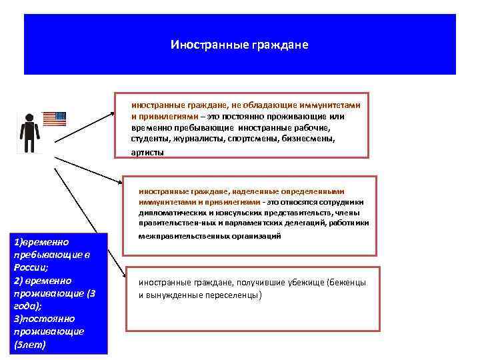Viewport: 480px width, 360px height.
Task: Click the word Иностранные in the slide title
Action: (x=209, y=45)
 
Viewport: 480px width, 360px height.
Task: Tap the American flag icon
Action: (x=55, y=119)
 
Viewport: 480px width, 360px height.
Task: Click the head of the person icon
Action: (x=29, y=117)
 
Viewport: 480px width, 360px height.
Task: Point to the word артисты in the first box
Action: (x=147, y=152)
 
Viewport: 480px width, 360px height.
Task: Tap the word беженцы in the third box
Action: (x=347, y=283)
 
